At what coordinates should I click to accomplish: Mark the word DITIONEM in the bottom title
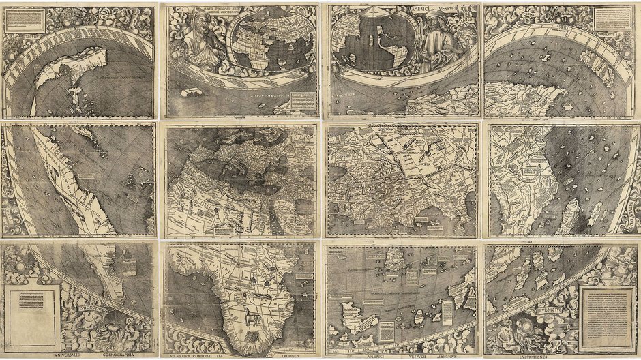(285, 355)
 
